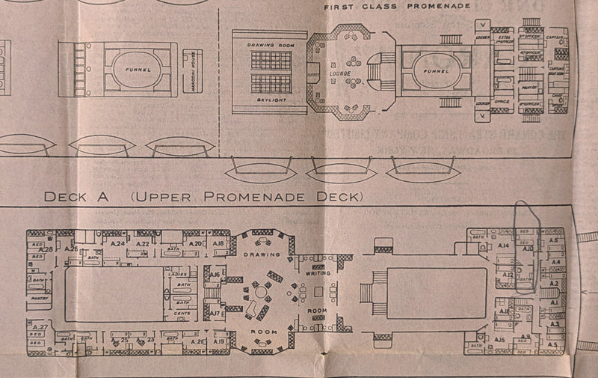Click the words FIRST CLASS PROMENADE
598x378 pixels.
396,6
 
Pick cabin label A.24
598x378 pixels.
117,244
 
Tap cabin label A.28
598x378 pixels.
45,249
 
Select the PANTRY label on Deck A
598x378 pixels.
40,297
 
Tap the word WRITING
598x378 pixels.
318,274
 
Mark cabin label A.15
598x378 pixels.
500,341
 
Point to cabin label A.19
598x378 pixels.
218,341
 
